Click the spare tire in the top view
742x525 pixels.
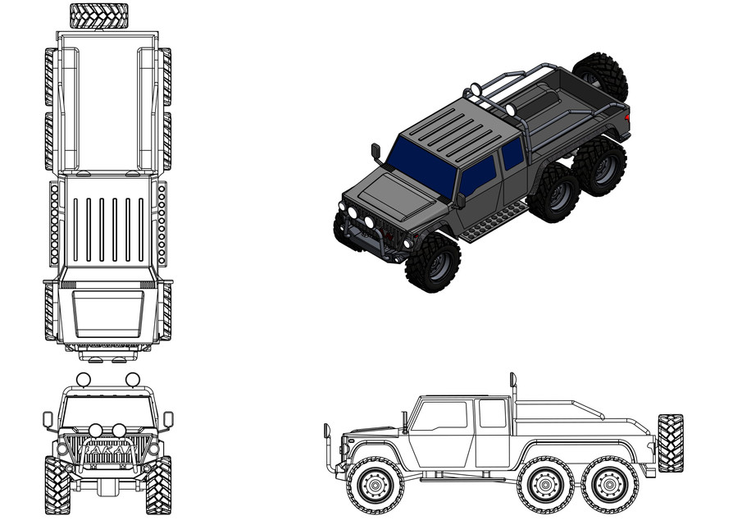tap(98, 16)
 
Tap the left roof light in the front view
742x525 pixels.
tap(83, 379)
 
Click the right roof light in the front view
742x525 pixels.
tap(132, 379)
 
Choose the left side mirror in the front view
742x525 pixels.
tap(48, 421)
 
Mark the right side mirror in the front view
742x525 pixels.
tap(168, 420)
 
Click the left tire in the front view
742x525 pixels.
tap(57, 485)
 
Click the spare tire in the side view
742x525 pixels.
tap(670, 443)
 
